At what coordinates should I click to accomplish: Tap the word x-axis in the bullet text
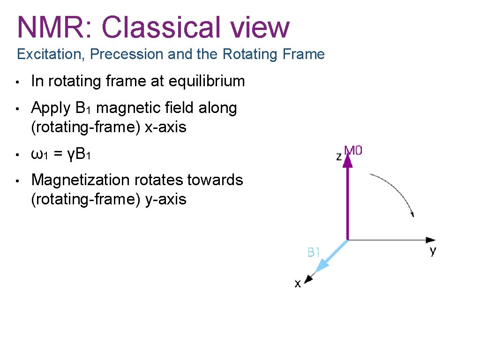(x=165, y=127)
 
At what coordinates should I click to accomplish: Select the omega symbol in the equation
(x=37, y=154)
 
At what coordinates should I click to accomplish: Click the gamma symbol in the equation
(x=71, y=155)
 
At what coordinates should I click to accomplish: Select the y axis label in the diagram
(x=432, y=251)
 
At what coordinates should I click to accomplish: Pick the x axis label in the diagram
(x=297, y=284)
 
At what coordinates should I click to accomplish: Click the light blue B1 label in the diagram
(x=314, y=253)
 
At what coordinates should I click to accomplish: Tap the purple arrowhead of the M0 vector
(x=347, y=161)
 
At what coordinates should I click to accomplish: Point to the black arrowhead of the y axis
(x=431, y=240)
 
